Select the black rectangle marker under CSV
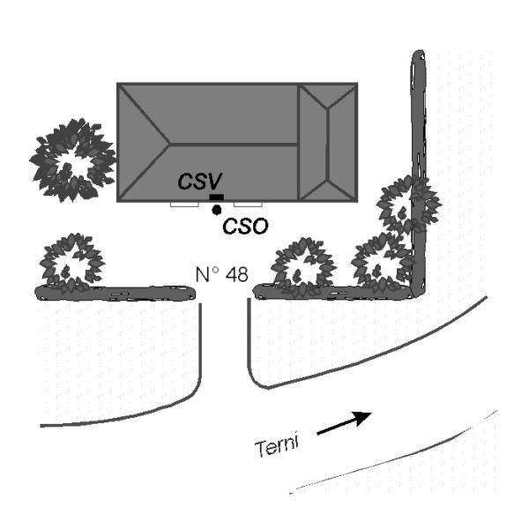pos(217,197)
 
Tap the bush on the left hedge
pos(72,262)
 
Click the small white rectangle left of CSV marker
pos(183,204)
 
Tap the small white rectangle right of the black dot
pos(244,204)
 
